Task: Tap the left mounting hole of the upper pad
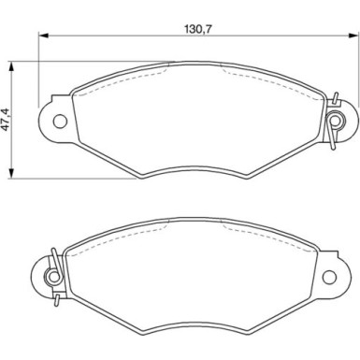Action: (58, 120)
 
